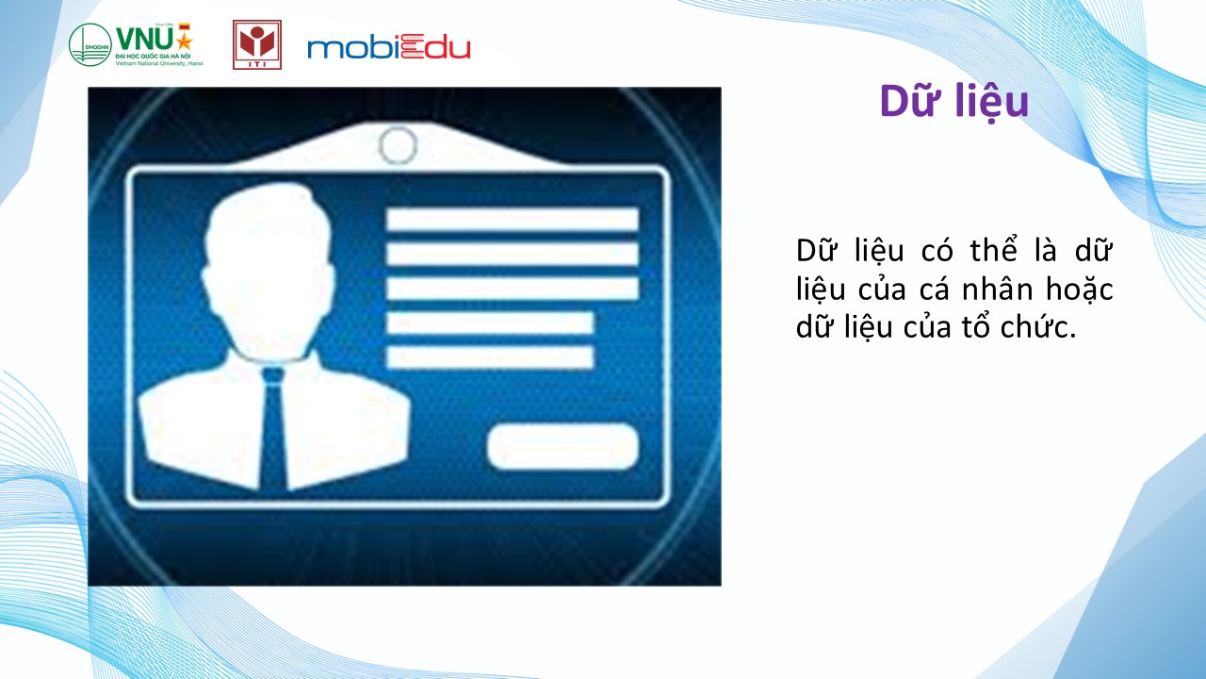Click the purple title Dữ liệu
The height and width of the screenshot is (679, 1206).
tap(954, 102)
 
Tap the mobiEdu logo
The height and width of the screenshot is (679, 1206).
tap(389, 47)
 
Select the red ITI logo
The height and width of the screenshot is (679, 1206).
tap(257, 44)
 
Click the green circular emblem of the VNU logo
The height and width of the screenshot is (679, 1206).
tap(90, 44)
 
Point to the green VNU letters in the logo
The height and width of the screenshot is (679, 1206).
tap(145, 40)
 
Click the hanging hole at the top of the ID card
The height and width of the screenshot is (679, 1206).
tap(398, 145)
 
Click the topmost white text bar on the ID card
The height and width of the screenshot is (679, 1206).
tap(513, 220)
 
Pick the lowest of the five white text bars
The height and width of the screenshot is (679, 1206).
tap(490, 357)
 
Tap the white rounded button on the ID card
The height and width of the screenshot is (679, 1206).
tap(562, 447)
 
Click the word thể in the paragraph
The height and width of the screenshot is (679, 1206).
tap(993, 250)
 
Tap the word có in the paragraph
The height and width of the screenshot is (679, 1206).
tap(937, 251)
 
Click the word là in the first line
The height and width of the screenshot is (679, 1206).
tap(1046, 251)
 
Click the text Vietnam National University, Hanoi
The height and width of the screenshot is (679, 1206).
tap(159, 63)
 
